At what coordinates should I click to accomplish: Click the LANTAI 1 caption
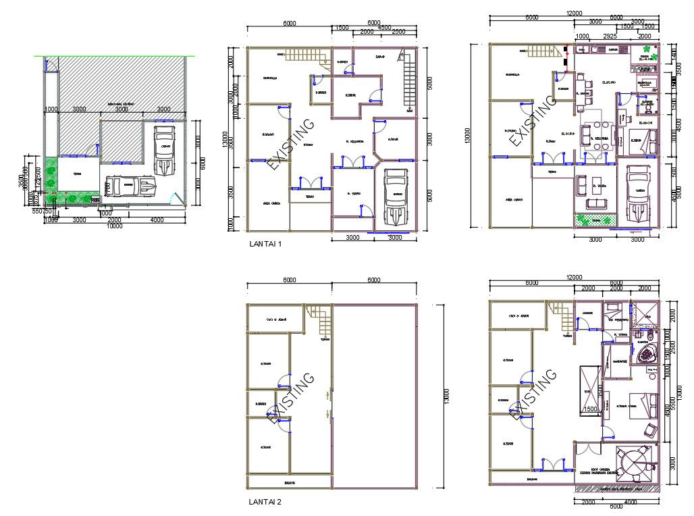[x=265, y=244]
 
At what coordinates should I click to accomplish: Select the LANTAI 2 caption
[x=265, y=502]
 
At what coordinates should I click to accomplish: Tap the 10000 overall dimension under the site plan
[x=114, y=227]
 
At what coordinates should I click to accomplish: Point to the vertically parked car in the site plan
[x=163, y=150]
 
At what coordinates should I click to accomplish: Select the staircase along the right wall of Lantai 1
[x=408, y=78]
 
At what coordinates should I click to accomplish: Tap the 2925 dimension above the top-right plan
[x=609, y=35]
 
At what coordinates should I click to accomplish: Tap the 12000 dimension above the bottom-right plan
[x=574, y=278]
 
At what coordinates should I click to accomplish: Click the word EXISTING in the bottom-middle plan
[x=291, y=398]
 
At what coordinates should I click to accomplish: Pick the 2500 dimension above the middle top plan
[x=398, y=32]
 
